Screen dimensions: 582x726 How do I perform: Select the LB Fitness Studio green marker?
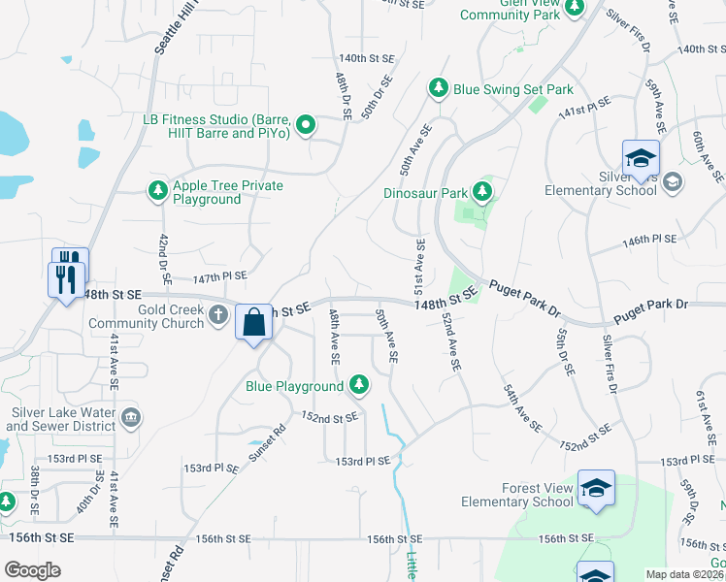coord(307,123)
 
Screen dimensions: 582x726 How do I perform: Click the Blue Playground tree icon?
coord(359,385)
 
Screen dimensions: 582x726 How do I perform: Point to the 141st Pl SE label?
coord(584,108)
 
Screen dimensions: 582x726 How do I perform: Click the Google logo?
coord(33,570)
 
